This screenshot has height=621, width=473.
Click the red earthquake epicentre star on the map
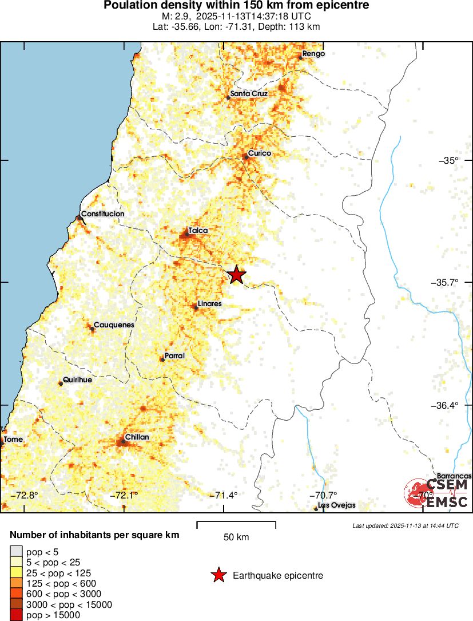[x=236, y=275]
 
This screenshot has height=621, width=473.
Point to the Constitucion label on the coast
[x=102, y=213]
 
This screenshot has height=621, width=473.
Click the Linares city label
[x=209, y=303]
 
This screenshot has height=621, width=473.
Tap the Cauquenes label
[x=114, y=325]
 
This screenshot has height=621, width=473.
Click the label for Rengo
[x=313, y=53]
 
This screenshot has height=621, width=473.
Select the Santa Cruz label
[x=249, y=93]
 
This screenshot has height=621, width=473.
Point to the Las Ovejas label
[x=337, y=505]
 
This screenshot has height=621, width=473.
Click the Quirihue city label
[x=77, y=379]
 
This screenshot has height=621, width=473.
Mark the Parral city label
[x=174, y=355]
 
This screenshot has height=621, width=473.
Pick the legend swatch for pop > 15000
[x=16, y=615]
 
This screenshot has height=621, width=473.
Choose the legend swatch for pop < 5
[x=16, y=551]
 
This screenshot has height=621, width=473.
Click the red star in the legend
[x=218, y=575]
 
